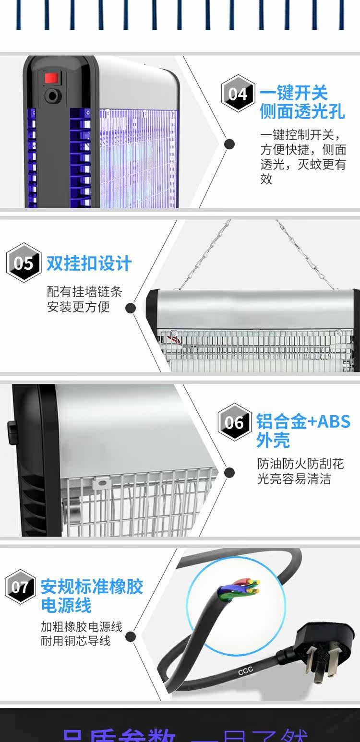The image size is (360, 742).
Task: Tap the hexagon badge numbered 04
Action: pos(238,93)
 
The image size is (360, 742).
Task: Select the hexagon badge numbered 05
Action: pos(24,263)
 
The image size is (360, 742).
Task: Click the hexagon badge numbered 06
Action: pos(234,422)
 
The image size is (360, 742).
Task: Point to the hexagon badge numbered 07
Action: pos(21,586)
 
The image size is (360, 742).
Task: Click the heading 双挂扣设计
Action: pos(89,263)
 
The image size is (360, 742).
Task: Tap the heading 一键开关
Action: pos(293,92)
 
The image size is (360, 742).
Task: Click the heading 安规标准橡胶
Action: pos(92,586)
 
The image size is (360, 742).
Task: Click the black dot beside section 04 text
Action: pos(230,144)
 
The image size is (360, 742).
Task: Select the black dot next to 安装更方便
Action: pos(130,308)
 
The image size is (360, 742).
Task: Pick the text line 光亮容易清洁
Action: pos(294,479)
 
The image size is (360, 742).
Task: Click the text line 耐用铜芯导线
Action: pos(75,641)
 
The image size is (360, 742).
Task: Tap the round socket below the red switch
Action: pos(51,96)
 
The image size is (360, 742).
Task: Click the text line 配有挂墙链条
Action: pos(84,292)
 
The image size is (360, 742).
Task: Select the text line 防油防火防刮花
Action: pos(300,464)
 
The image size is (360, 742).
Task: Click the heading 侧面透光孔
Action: pos(302,111)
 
